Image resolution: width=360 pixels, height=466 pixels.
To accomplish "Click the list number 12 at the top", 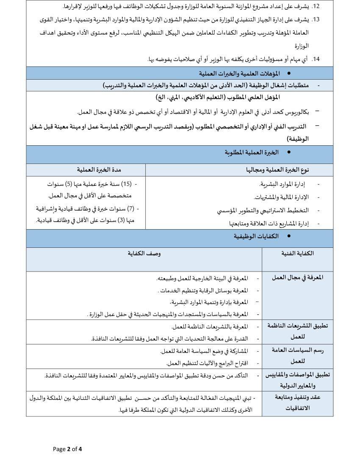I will pyautogui.click(x=316, y=6).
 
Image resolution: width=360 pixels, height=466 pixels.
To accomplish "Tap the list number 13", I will pyautogui.click(x=316, y=19).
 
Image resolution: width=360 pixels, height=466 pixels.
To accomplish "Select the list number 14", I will pyautogui.click(x=316, y=59).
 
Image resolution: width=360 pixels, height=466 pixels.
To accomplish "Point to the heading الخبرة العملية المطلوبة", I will pyautogui.click(x=252, y=152).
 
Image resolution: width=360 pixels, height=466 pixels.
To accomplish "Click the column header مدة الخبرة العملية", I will pyautogui.click(x=99, y=170).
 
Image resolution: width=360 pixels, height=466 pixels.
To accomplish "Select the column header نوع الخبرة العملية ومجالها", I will pyautogui.click(x=278, y=170).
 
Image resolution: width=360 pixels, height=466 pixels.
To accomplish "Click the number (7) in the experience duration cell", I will pyautogui.click(x=131, y=208).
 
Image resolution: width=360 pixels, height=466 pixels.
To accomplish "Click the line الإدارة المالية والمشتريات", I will pyautogui.click(x=281, y=197).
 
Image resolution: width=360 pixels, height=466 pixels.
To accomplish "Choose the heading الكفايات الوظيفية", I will pyautogui.click(x=256, y=236).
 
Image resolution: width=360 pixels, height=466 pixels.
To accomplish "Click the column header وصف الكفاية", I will pyautogui.click(x=144, y=253).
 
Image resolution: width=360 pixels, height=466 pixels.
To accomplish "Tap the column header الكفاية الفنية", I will pyautogui.click(x=297, y=253).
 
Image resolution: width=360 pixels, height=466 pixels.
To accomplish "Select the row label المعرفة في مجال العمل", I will pyautogui.click(x=297, y=277).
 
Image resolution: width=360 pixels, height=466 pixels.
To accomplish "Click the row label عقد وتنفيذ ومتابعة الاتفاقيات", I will pyautogui.click(x=297, y=402).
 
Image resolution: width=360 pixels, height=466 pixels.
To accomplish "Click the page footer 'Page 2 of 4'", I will pyautogui.click(x=67, y=449).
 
